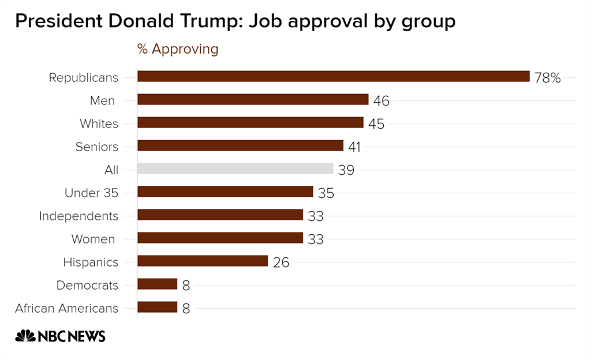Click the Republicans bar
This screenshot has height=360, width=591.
333,77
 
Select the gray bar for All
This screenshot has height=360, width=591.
235,169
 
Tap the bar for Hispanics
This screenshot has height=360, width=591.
203,261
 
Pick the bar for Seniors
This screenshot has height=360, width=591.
240,146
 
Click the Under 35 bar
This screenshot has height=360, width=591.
225,192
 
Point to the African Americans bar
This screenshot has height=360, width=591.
157,307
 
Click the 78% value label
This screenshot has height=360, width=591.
547,78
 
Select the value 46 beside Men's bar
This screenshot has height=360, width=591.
381,101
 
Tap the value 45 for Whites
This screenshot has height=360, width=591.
376,124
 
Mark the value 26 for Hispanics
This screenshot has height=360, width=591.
281,262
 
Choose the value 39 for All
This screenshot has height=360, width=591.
346,170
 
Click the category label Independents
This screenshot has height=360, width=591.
78,216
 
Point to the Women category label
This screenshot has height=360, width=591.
93,239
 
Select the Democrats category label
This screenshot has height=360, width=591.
87,285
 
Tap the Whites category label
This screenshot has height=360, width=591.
99,124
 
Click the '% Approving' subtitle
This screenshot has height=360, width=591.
178,49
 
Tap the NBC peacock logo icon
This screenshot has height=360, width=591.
25,336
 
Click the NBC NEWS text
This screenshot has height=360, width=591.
71,336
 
